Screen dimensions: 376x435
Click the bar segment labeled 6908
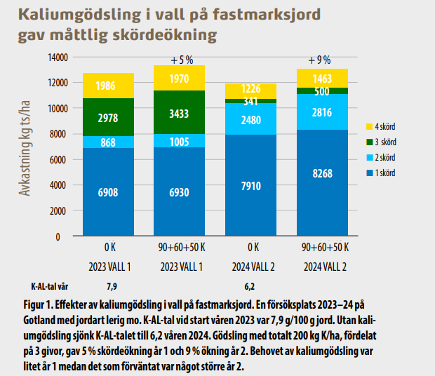pos(108,192)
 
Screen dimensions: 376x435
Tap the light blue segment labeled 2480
pos(250,119)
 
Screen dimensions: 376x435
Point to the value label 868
pos(108,142)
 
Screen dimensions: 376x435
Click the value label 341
pos(250,101)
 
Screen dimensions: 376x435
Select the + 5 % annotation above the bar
pos(179,60)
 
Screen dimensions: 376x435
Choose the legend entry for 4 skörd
pos(384,126)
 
